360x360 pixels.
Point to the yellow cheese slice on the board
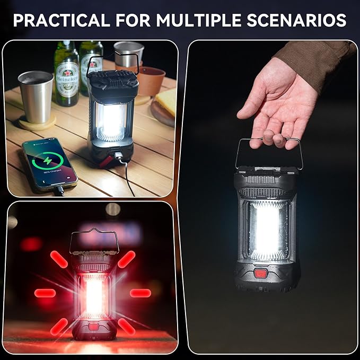[x=168, y=101]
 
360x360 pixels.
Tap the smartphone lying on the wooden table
[x=49, y=164]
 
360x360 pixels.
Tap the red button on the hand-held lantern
[x=260, y=274]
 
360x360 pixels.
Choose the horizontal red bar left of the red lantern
[x=45, y=293]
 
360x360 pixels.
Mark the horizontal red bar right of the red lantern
[x=140, y=293]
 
